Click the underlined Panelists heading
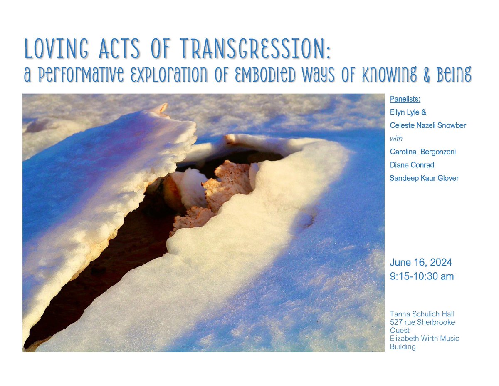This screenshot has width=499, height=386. [405, 99]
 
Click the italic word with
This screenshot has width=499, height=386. [396, 138]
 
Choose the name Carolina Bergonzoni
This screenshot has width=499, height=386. [422, 152]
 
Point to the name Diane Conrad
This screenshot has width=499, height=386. [412, 165]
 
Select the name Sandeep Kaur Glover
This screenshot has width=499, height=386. [424, 178]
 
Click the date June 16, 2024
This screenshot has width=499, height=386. [421, 263]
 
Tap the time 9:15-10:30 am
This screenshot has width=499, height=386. [422, 276]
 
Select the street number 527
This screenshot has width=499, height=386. [395, 322]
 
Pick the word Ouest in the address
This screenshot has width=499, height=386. [399, 330]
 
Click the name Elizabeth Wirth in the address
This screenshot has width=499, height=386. [411, 339]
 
